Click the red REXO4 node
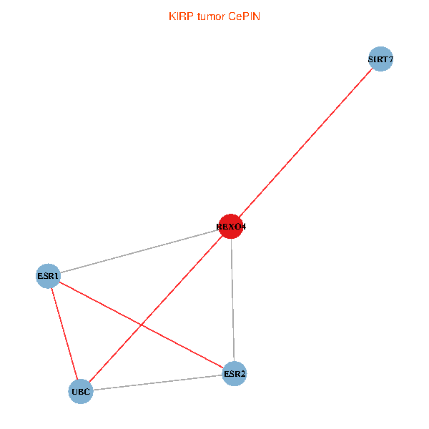pos(231,226)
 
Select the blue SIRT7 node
pos(380,59)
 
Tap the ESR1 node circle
pos(48,276)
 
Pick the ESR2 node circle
pos(235,373)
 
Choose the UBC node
pos(81,392)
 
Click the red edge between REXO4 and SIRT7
pos(305,143)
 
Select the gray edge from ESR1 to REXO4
pos(139,252)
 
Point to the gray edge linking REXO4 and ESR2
pos(232,300)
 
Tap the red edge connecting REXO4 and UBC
pos(156,309)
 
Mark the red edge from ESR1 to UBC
pos(64,334)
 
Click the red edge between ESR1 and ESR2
pos(142,325)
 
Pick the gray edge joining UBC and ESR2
pos(157,383)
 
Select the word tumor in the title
pos(211,16)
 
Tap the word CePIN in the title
pos(244,16)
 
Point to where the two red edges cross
pos(141,325)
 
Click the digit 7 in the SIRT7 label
pos(390,59)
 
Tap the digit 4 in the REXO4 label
pos(243,227)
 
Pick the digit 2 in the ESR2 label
pos(242,374)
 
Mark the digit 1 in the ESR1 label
pos(56,276)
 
